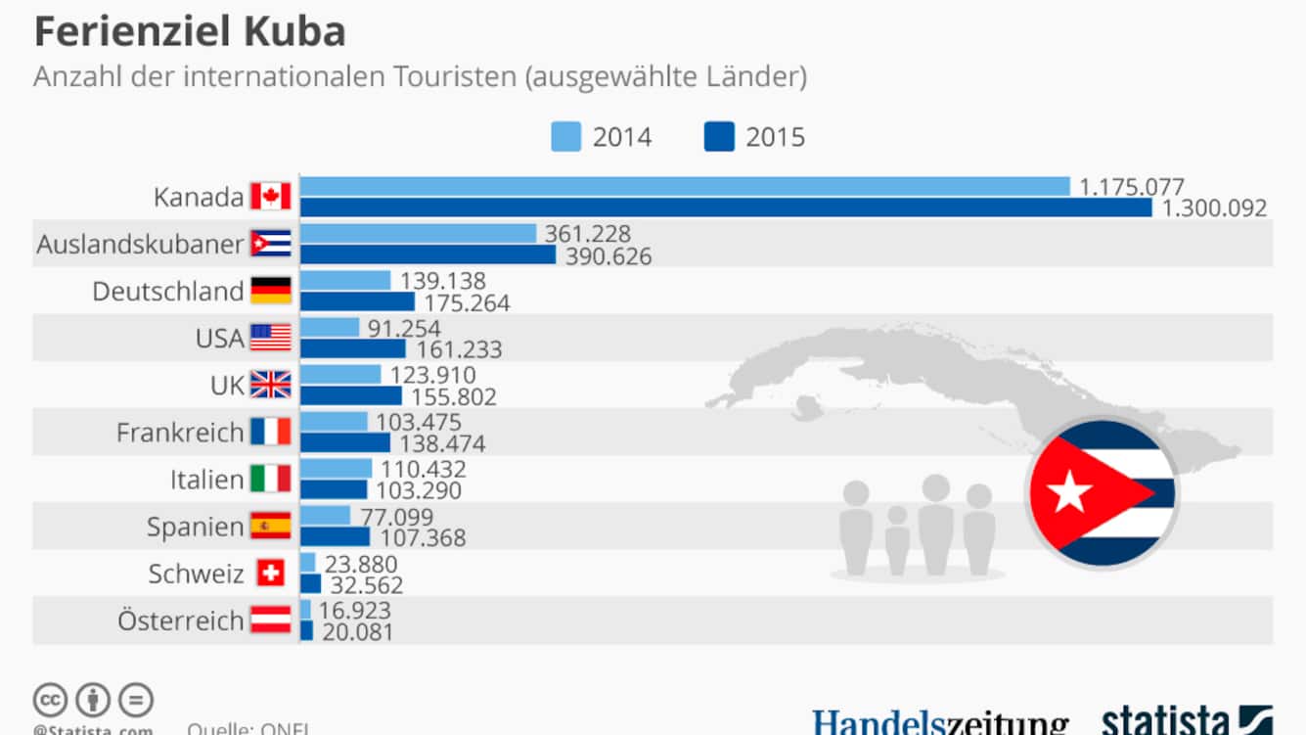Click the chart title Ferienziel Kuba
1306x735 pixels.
[190, 32]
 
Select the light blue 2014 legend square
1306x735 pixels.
[566, 137]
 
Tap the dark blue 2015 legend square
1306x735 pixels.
[719, 137]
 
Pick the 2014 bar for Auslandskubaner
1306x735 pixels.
[418, 233]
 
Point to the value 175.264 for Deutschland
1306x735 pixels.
[467, 303]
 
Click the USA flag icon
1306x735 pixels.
[271, 338]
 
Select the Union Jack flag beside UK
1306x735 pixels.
[271, 385]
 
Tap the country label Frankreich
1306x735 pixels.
[180, 432]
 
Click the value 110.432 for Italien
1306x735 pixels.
[424, 470]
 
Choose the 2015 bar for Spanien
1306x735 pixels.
[335, 536]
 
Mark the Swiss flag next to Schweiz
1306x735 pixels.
[271, 573]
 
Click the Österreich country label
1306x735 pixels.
[180, 620]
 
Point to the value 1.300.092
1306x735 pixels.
[1214, 207]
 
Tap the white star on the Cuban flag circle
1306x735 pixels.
[1069, 492]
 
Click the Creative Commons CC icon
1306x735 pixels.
[50, 700]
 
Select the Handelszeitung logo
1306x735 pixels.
[940, 722]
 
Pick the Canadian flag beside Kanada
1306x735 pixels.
[271, 197]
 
